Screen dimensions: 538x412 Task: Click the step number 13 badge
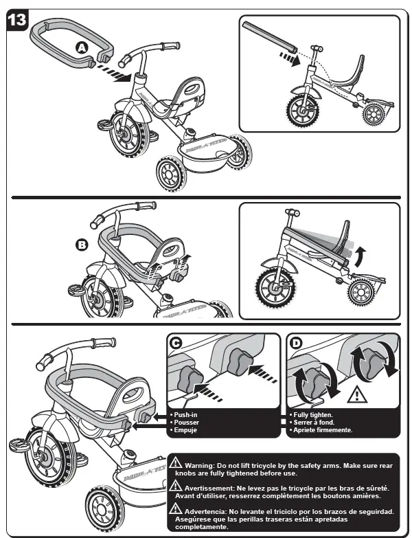(x=16, y=20)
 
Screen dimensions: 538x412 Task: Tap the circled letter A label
(x=82, y=47)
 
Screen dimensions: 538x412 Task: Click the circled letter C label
(x=177, y=343)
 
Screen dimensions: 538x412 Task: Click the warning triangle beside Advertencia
(x=176, y=510)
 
